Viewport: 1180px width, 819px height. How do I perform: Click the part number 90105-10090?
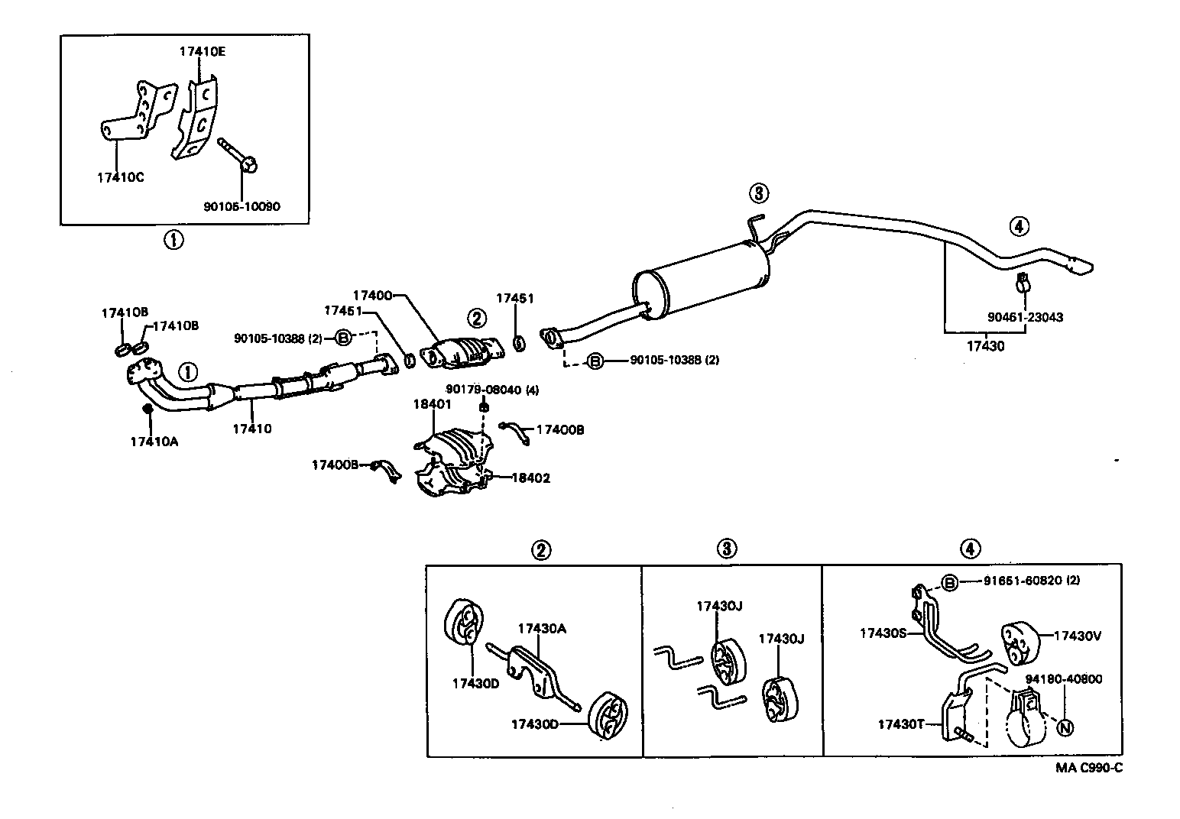pos(242,206)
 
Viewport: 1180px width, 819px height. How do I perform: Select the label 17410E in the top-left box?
pos(202,52)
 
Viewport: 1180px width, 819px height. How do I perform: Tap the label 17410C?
pos(120,177)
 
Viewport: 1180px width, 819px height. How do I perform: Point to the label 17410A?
pos(154,441)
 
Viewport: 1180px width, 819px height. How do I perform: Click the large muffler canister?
pos(699,280)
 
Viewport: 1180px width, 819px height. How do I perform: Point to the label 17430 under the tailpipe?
pos(985,346)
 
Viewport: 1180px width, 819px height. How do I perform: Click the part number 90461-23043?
pos(1024,317)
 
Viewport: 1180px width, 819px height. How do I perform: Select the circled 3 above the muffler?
pos(757,193)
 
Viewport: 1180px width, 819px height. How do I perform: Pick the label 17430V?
pos(1077,635)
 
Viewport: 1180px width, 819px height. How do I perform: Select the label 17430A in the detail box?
pos(541,629)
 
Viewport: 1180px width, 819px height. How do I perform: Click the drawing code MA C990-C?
pos(1089,769)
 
